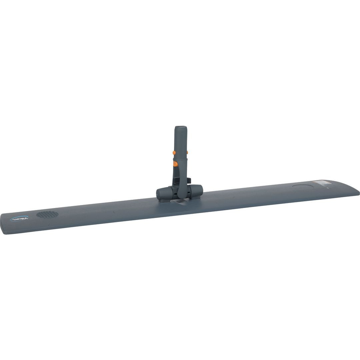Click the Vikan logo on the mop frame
pyautogui.click(x=19, y=219)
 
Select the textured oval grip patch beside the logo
pyautogui.click(x=47, y=214)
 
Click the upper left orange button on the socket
pyautogui.click(x=174, y=152)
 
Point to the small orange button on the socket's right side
pyautogui.click(x=187, y=152)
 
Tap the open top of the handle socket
pyautogui.click(x=180, y=127)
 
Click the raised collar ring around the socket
pyautogui.click(x=180, y=159)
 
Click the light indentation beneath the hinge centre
pyautogui.click(x=179, y=203)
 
